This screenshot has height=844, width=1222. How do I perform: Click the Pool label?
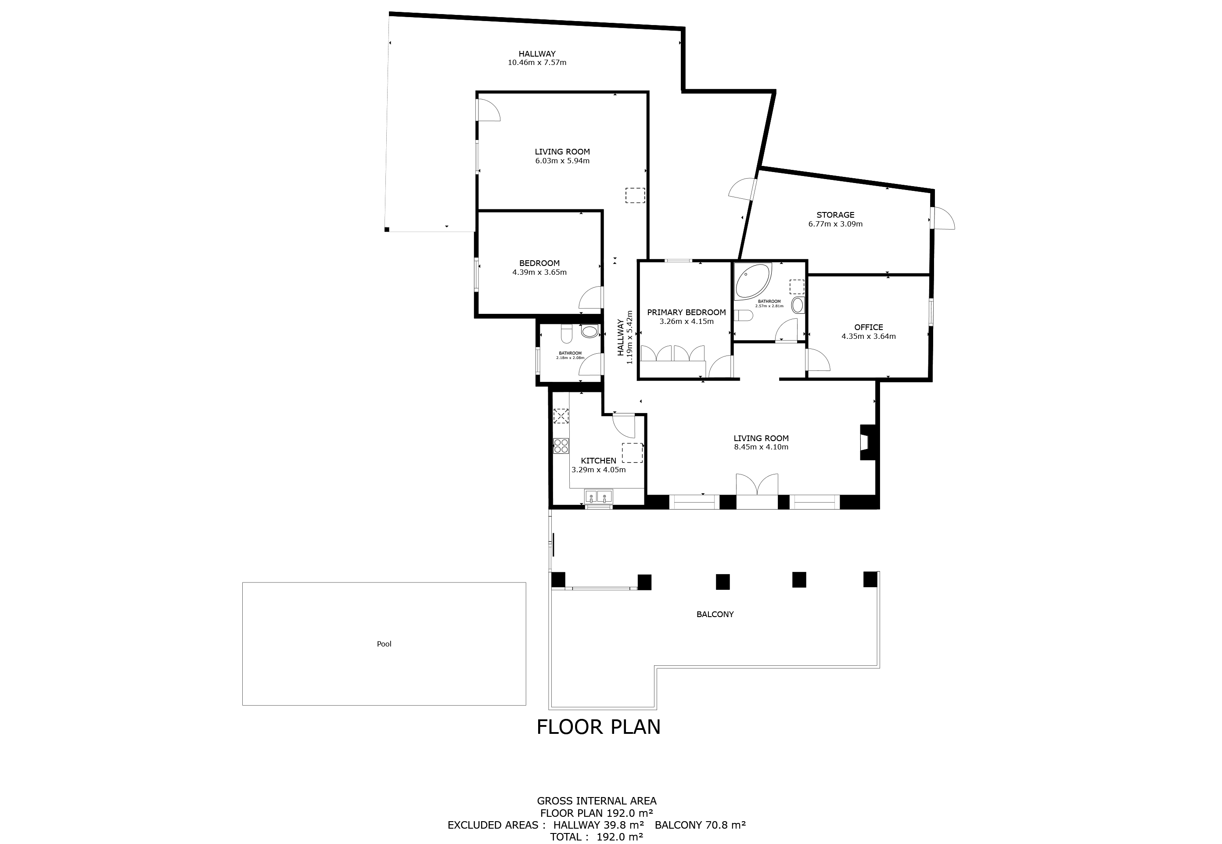pyautogui.click(x=384, y=643)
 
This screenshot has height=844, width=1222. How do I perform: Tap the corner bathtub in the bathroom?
pyautogui.click(x=753, y=281)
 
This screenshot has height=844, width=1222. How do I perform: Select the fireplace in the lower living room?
pyautogui.click(x=868, y=442)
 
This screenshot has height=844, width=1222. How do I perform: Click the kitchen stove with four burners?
pyautogui.click(x=561, y=446)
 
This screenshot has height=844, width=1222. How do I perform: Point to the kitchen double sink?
pyautogui.click(x=598, y=496)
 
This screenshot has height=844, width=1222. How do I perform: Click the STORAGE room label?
pyautogui.click(x=835, y=215)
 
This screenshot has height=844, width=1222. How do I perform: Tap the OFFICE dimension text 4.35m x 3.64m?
pyautogui.click(x=868, y=336)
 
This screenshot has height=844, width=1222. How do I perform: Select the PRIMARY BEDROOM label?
pyautogui.click(x=686, y=312)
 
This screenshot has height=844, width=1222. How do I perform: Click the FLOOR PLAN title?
pyautogui.click(x=599, y=727)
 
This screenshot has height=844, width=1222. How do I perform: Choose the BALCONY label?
pyautogui.click(x=715, y=614)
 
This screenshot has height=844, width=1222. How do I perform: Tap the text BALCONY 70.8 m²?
pyautogui.click(x=700, y=824)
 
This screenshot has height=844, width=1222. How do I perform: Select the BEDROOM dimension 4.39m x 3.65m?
pyautogui.click(x=539, y=273)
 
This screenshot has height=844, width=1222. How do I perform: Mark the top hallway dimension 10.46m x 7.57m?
pyautogui.click(x=537, y=62)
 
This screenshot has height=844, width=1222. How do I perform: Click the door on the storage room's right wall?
pyautogui.click(x=943, y=218)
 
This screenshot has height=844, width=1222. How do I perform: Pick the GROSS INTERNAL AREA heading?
pyautogui.click(x=597, y=801)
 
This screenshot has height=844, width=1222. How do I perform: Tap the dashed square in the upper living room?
pyautogui.click(x=635, y=195)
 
